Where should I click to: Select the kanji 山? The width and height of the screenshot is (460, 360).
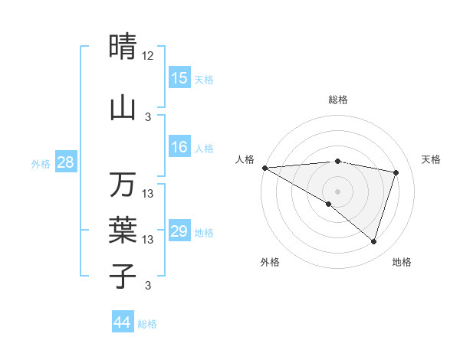pyautogui.click(x=123, y=107)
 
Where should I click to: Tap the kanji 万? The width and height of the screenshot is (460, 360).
pyautogui.click(x=123, y=184)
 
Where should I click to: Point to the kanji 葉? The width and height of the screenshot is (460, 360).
pyautogui.click(x=123, y=229)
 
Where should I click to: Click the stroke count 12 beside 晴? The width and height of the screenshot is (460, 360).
pyautogui.click(x=148, y=56)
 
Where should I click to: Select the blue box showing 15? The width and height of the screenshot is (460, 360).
pyautogui.click(x=179, y=77)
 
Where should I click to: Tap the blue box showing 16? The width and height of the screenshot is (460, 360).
pyautogui.click(x=179, y=147)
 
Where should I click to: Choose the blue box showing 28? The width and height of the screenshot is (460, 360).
pyautogui.click(x=65, y=162)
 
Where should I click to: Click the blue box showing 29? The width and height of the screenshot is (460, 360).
pyautogui.click(x=179, y=231)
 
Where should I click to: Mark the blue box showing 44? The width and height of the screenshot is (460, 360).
pyautogui.click(x=123, y=322)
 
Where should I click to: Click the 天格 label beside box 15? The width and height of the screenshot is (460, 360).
pyautogui.click(x=203, y=79)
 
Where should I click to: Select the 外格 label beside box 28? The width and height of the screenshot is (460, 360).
pyautogui.click(x=41, y=163)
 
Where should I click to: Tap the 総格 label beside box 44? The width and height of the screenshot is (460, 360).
pyautogui.click(x=147, y=324)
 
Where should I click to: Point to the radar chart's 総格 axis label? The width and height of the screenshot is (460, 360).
pyautogui.click(x=338, y=100)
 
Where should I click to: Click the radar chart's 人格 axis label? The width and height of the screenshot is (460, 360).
pyautogui.click(x=245, y=159)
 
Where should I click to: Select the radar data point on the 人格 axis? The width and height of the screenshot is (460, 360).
pyautogui.click(x=264, y=167)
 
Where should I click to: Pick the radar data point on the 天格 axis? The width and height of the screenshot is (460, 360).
pyautogui.click(x=396, y=172)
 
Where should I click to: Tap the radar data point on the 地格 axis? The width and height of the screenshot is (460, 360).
pyautogui.click(x=373, y=242)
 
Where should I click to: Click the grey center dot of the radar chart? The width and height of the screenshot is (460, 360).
pyautogui.click(x=337, y=191)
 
